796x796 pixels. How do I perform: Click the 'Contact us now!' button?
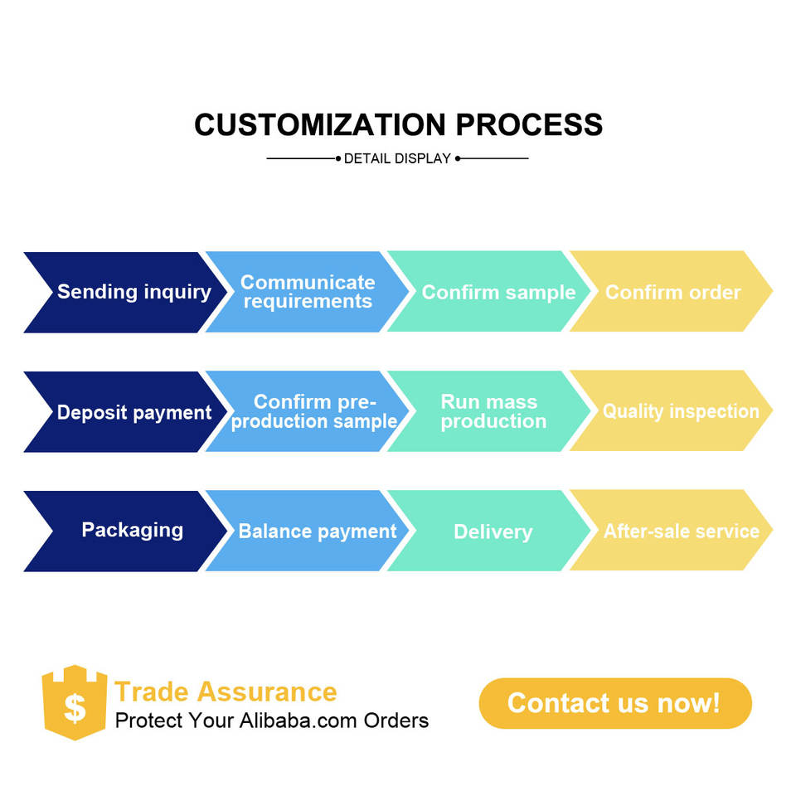click(x=615, y=703)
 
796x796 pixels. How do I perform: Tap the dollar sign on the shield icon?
click(x=75, y=707)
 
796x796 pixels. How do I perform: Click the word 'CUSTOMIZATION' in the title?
click(x=320, y=125)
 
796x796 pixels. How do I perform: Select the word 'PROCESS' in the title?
click(x=529, y=125)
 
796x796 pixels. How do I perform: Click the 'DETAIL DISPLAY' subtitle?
click(x=397, y=158)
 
